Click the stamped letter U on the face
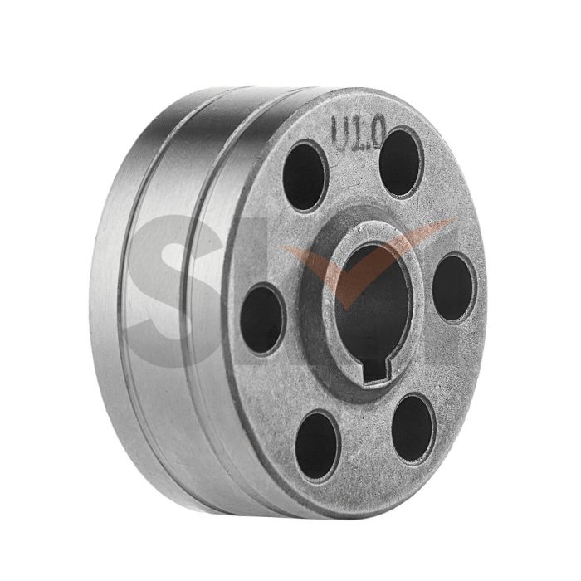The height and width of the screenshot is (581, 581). [x=340, y=133]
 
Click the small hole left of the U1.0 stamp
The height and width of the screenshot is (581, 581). [x=304, y=176]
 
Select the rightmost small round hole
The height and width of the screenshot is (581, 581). [x=453, y=286]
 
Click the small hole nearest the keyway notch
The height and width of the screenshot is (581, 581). [x=412, y=428]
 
